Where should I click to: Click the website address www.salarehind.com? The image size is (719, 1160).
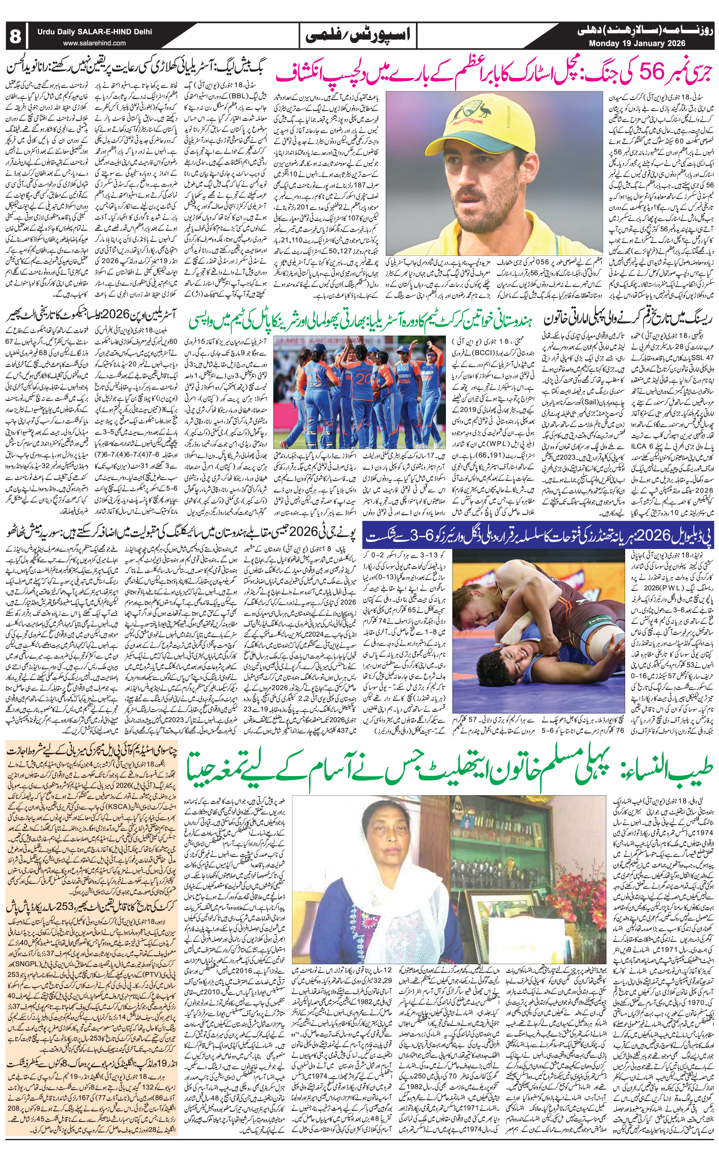(94, 43)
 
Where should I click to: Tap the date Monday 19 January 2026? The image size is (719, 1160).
(637, 43)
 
